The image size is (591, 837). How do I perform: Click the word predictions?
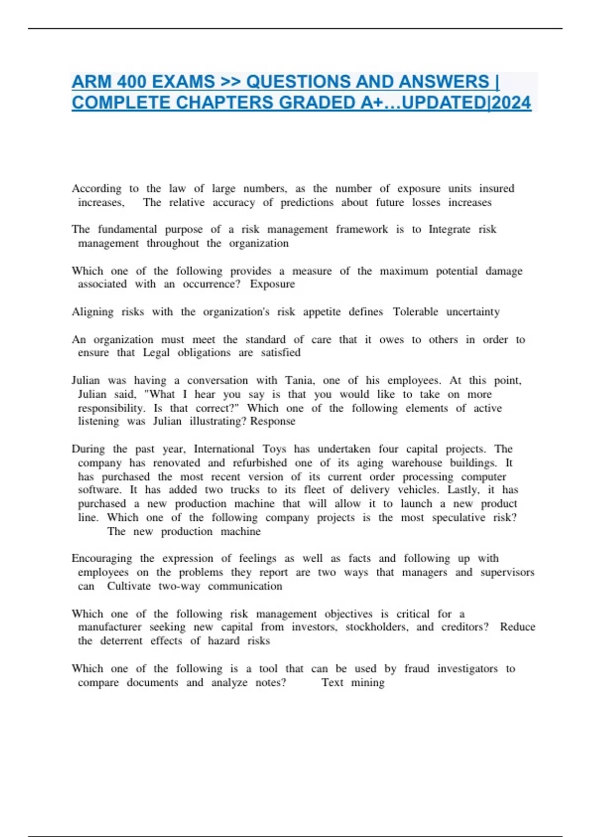(x=307, y=202)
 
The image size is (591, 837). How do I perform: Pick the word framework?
(x=362, y=229)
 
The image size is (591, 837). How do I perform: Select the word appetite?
(x=322, y=312)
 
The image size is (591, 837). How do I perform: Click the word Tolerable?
(x=415, y=312)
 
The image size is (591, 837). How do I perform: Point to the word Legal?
(x=156, y=353)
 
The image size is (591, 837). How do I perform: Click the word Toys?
(x=274, y=449)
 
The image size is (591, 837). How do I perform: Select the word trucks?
(x=245, y=490)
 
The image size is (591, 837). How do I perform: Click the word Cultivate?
(x=129, y=586)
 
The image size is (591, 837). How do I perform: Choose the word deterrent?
(x=121, y=641)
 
